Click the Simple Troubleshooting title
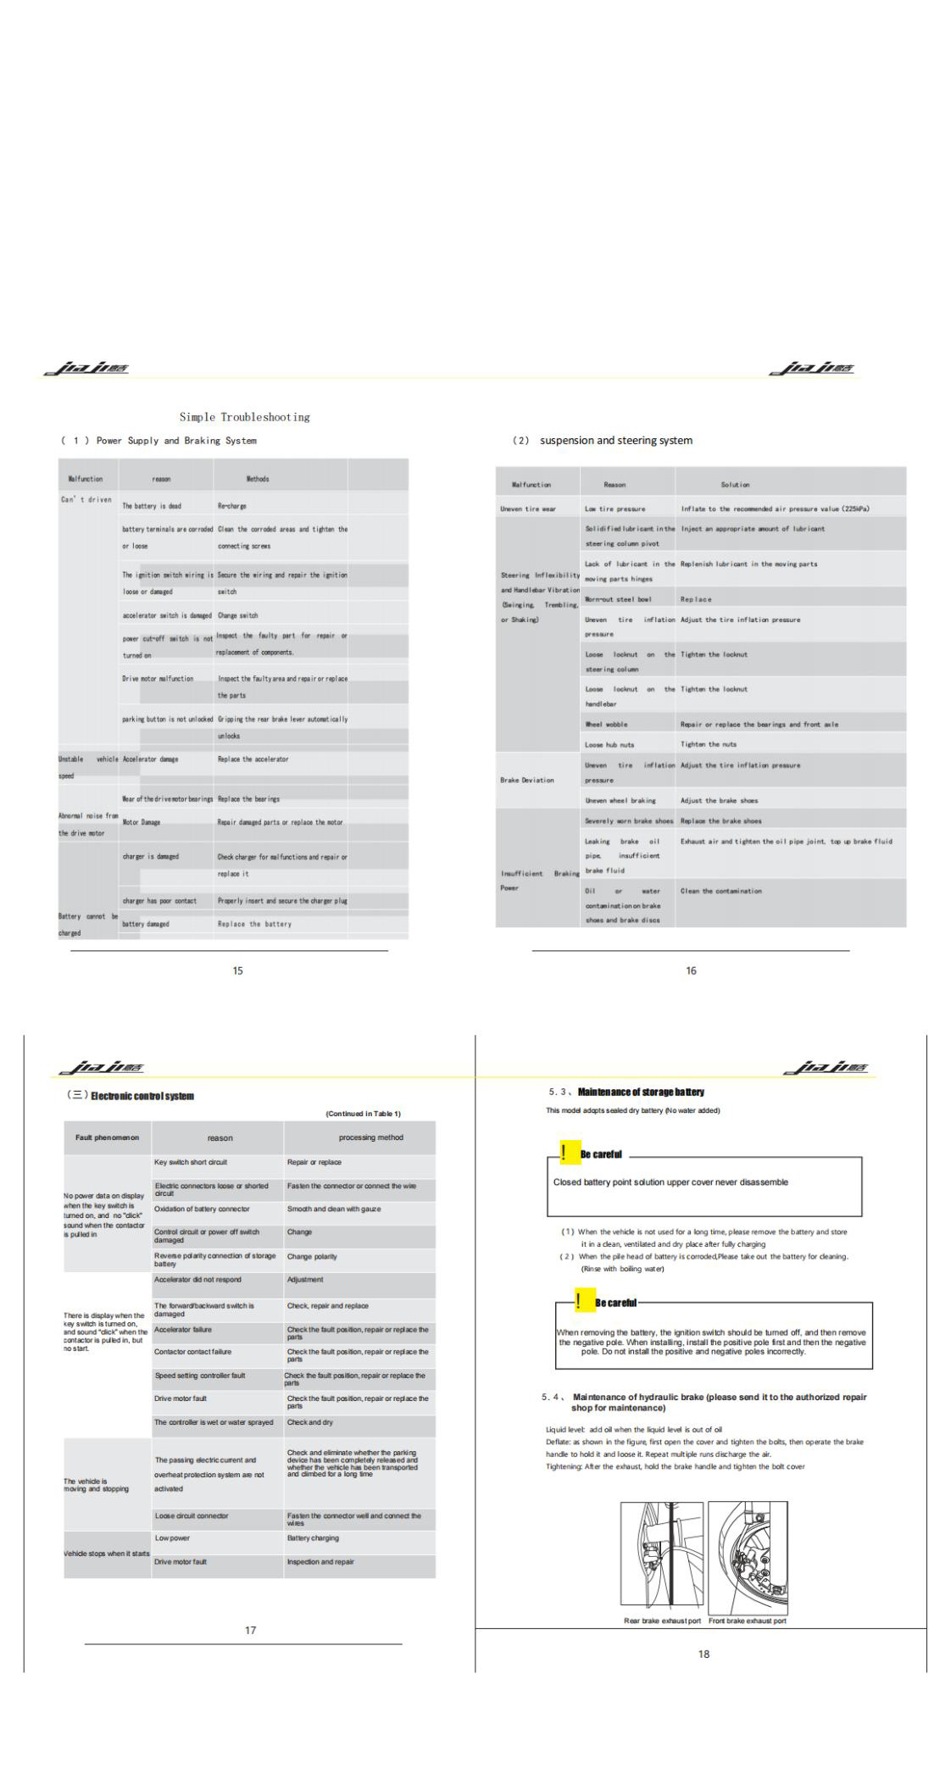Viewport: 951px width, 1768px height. click(244, 417)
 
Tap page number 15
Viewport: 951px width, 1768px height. click(237, 970)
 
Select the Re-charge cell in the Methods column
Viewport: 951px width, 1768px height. click(232, 506)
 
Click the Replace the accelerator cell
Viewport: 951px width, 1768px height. click(253, 759)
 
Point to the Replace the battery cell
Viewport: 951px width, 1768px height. click(254, 924)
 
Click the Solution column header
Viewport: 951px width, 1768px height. click(735, 485)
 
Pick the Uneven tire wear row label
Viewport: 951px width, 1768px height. click(528, 509)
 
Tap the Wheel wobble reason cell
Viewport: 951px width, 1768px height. click(606, 725)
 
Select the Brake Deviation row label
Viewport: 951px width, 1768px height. click(527, 780)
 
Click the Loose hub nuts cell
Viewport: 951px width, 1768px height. click(609, 745)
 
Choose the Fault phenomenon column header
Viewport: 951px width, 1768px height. click(107, 1137)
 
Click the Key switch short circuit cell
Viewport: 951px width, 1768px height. click(191, 1162)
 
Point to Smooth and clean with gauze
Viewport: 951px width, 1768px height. click(334, 1209)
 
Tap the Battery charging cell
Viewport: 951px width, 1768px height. click(313, 1537)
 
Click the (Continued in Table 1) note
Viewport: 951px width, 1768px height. click(363, 1114)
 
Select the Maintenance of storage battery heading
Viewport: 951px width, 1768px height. click(641, 1092)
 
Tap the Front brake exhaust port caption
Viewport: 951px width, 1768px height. click(747, 1621)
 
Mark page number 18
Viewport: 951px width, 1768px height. click(704, 1654)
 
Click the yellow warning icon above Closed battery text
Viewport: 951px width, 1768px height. click(565, 1153)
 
